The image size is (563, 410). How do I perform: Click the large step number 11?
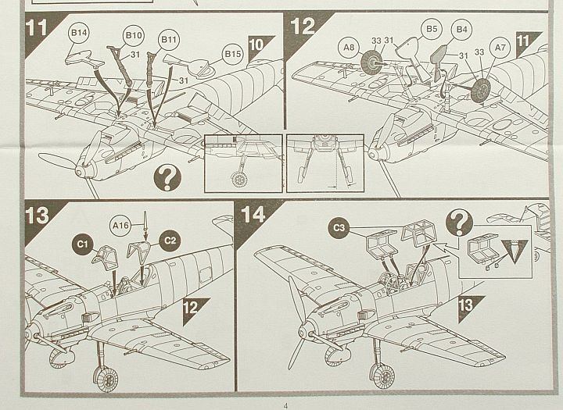coord(37,27)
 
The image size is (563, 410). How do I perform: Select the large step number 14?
coord(253,213)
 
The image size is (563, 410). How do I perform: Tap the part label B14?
coord(79,34)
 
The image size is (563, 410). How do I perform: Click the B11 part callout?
coord(169,38)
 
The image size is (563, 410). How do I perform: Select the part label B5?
coord(431,29)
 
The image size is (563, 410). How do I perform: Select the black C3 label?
coord(339,227)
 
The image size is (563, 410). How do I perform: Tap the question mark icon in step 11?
coord(167,178)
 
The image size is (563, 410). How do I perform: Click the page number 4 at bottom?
coord(285,405)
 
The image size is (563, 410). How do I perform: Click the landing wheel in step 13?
coord(104,380)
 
